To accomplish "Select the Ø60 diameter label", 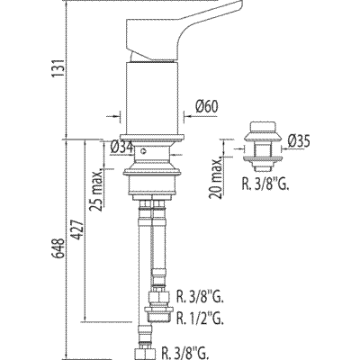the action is [206, 107].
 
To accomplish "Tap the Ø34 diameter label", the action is [121, 147].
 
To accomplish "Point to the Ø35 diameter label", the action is [299, 141].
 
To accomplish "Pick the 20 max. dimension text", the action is [217, 177].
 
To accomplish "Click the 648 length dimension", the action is [58, 248].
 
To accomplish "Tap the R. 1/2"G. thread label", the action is [200, 319].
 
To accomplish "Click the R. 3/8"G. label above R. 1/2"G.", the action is [200, 298].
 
